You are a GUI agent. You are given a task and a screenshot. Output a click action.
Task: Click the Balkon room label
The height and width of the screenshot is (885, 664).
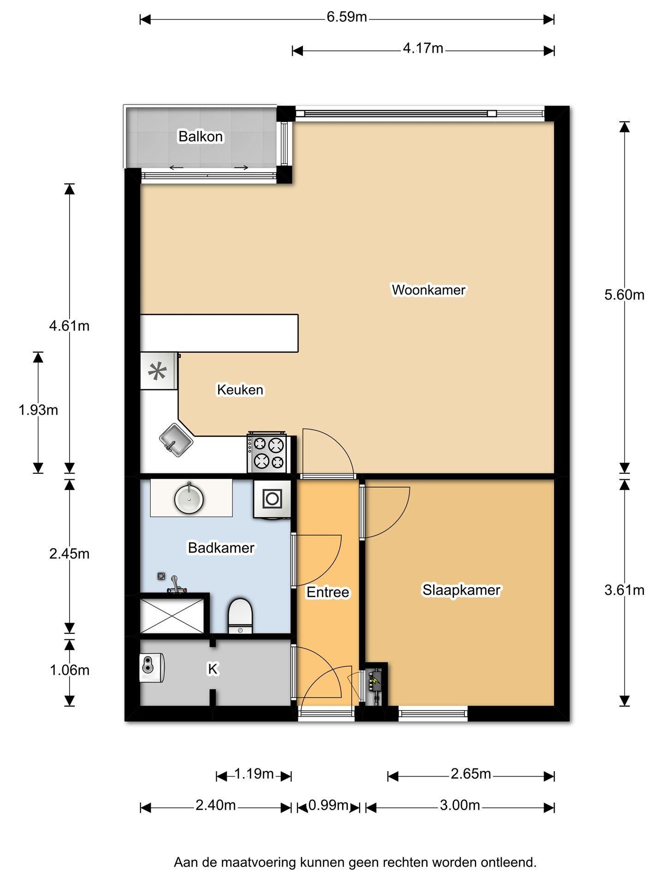[x=201, y=136]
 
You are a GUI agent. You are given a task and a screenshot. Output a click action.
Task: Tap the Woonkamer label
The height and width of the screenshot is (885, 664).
[x=428, y=290]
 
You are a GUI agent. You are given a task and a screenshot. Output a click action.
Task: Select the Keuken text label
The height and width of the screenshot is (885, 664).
[x=240, y=390]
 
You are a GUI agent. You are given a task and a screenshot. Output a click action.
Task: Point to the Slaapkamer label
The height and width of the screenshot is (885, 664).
[x=462, y=590]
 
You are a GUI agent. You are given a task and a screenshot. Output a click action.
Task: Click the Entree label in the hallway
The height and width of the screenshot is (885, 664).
[x=328, y=592]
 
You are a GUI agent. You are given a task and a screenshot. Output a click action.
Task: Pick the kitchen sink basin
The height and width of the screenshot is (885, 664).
[x=176, y=440]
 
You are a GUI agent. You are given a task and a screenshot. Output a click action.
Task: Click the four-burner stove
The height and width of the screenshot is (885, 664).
[x=267, y=453]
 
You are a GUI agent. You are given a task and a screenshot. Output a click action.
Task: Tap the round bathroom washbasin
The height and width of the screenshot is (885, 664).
[x=189, y=498]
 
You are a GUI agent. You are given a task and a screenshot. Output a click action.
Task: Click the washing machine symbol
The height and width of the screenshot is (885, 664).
[x=272, y=499]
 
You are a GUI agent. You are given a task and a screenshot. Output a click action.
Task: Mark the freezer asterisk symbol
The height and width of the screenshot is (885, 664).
[x=157, y=371]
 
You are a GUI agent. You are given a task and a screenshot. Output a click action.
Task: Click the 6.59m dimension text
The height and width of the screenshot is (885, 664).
[x=347, y=17]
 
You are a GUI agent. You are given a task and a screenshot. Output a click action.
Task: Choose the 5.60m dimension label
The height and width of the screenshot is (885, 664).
[x=624, y=295]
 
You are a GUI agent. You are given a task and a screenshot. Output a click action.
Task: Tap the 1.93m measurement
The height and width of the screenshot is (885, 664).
[x=38, y=410]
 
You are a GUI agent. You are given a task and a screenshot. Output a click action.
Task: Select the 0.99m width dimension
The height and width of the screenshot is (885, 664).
[x=328, y=805]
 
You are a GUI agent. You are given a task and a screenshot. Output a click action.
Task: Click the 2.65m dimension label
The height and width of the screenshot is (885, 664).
[x=471, y=774]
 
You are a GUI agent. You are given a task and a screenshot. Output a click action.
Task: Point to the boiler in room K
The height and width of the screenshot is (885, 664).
[x=152, y=667]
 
